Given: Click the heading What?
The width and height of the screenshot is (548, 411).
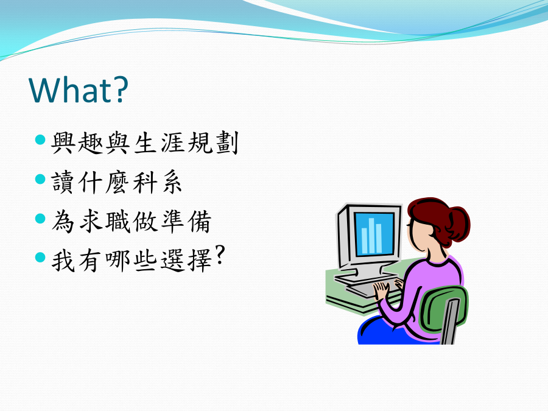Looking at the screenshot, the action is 79,90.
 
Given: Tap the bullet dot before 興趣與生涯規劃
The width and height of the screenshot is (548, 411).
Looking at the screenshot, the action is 41,140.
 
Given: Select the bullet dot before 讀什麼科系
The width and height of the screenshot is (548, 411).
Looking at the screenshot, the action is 41,179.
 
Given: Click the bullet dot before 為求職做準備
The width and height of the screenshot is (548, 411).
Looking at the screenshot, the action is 41,219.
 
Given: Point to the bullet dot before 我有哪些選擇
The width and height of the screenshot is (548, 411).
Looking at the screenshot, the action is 41,258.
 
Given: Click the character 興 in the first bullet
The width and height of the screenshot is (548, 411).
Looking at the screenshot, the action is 63,142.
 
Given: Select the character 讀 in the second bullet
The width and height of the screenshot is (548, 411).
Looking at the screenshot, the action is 63,182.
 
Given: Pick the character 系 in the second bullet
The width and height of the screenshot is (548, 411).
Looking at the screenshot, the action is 172,182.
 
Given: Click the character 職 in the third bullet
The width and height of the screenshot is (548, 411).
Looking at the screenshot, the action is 118,222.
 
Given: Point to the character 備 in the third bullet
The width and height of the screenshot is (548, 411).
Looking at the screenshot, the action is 200,222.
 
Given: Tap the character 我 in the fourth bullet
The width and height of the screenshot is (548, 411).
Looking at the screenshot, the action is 63,261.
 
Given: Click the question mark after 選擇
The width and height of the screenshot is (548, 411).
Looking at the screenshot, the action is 219,255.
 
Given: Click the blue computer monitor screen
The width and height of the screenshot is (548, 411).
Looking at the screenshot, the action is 374,234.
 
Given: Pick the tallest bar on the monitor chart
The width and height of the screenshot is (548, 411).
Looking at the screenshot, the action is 371,236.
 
